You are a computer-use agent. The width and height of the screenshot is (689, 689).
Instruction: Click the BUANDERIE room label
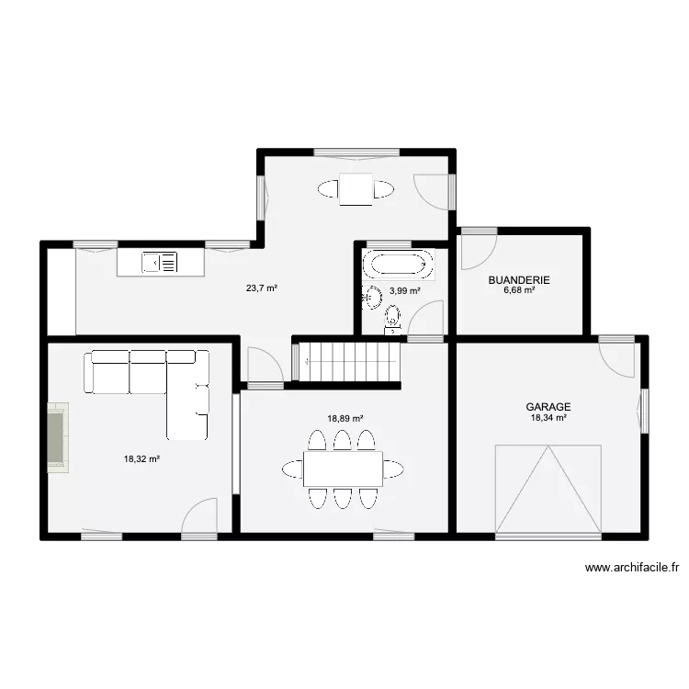[x=519, y=280]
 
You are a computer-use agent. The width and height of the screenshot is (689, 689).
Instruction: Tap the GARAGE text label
[x=548, y=406]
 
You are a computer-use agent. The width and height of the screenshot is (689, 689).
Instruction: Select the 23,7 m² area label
[x=261, y=288]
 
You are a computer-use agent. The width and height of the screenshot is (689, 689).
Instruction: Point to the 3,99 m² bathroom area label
[x=405, y=291]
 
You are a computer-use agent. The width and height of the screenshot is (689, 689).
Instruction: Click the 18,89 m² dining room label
[x=345, y=418]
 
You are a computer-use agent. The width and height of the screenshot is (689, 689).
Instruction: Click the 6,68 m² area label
[x=519, y=291]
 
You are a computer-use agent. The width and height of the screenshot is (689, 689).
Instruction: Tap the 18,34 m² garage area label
[x=548, y=418]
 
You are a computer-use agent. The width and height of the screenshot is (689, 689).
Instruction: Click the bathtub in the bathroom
[x=399, y=265]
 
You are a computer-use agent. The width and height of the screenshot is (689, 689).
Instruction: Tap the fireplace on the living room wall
[x=56, y=438]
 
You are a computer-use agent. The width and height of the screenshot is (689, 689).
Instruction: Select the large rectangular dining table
[x=343, y=469]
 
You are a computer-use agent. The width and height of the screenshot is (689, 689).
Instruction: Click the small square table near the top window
[x=356, y=189]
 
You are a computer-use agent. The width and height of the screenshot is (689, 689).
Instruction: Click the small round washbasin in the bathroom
[x=373, y=296]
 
